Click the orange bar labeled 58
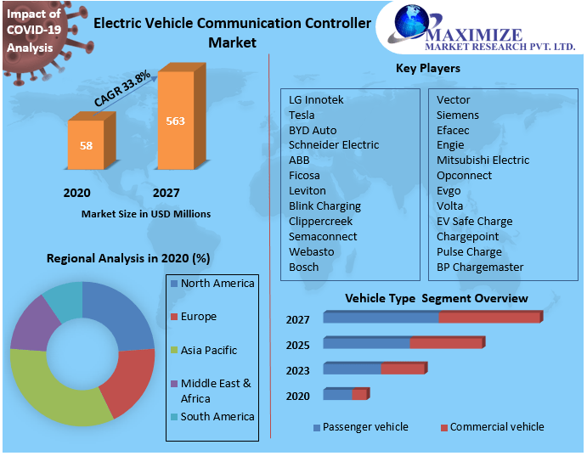(x=87, y=146)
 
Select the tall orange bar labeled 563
(x=176, y=121)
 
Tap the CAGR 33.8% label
(x=122, y=88)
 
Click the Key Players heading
(x=428, y=68)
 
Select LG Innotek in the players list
(x=316, y=99)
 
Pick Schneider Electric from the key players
(x=334, y=145)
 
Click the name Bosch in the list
(x=304, y=267)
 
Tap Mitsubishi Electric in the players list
(x=483, y=160)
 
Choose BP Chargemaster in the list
(x=480, y=267)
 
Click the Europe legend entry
(x=198, y=317)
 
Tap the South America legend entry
(x=217, y=417)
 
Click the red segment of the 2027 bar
(x=489, y=317)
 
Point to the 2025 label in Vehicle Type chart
(x=298, y=345)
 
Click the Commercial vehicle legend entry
(x=496, y=427)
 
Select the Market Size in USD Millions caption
(x=145, y=214)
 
